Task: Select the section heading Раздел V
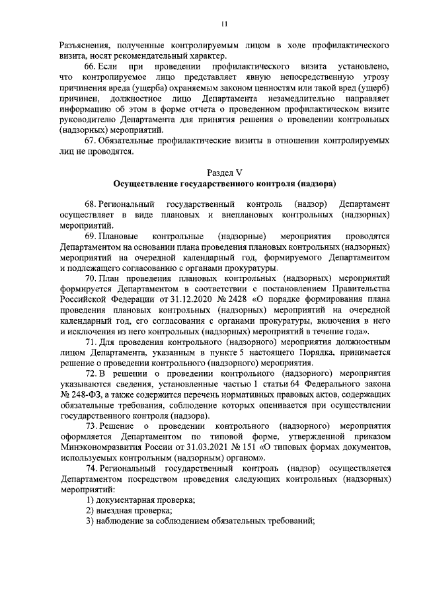point(225,172)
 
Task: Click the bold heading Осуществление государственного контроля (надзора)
point(225,183)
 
